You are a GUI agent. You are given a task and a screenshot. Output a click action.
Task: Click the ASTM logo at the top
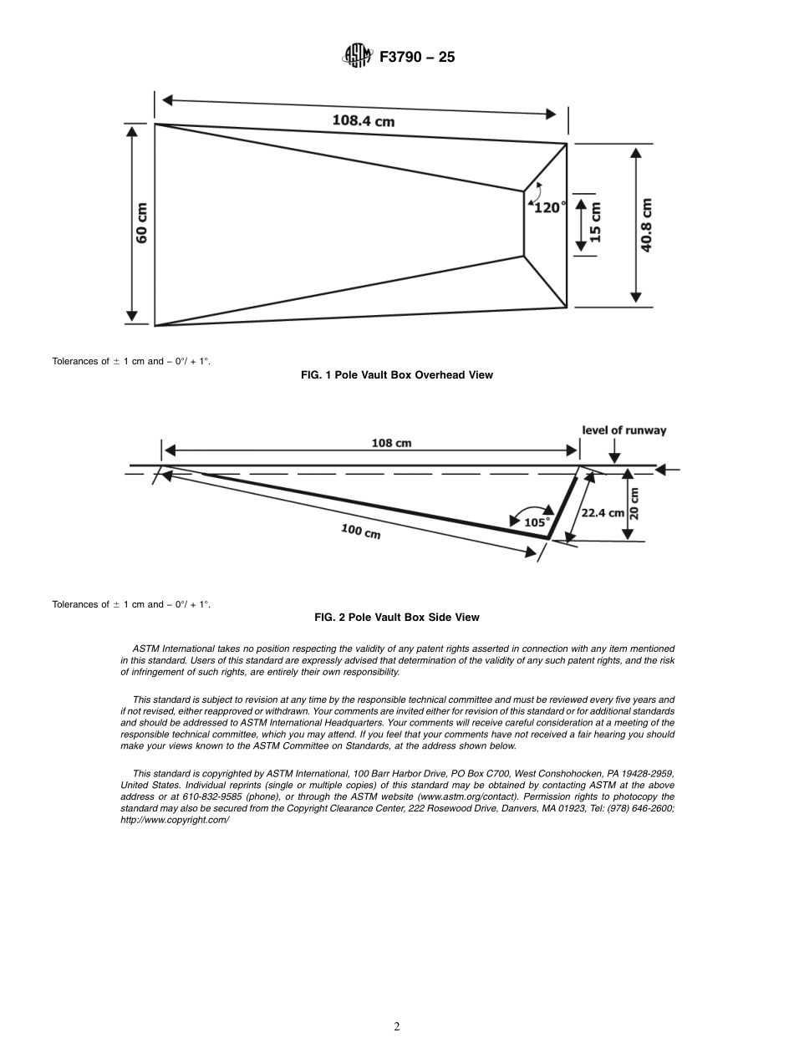(x=356, y=57)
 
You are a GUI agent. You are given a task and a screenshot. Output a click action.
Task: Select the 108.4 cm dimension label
(x=364, y=120)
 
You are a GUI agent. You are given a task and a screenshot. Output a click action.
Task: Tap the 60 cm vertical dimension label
(x=142, y=223)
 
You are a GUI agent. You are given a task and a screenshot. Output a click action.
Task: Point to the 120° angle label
(x=549, y=207)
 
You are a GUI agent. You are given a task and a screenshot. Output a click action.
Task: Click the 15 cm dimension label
(x=596, y=223)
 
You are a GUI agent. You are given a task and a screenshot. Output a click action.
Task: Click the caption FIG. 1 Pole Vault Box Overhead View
(x=396, y=375)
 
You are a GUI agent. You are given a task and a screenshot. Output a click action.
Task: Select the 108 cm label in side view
(x=391, y=443)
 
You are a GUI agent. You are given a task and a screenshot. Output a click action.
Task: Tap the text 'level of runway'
(x=624, y=430)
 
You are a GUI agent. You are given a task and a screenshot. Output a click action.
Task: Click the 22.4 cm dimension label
(x=603, y=512)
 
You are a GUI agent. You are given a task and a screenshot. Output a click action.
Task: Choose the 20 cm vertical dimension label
(x=634, y=504)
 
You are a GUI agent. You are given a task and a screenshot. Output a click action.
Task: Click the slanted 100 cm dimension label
(x=360, y=531)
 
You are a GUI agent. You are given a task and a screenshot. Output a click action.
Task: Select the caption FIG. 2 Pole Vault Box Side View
(x=396, y=618)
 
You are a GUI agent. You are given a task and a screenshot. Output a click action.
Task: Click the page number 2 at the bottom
(x=397, y=1027)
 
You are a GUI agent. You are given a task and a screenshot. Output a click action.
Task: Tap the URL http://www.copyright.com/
(x=176, y=820)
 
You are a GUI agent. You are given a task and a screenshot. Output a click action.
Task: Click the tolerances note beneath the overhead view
(x=131, y=362)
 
